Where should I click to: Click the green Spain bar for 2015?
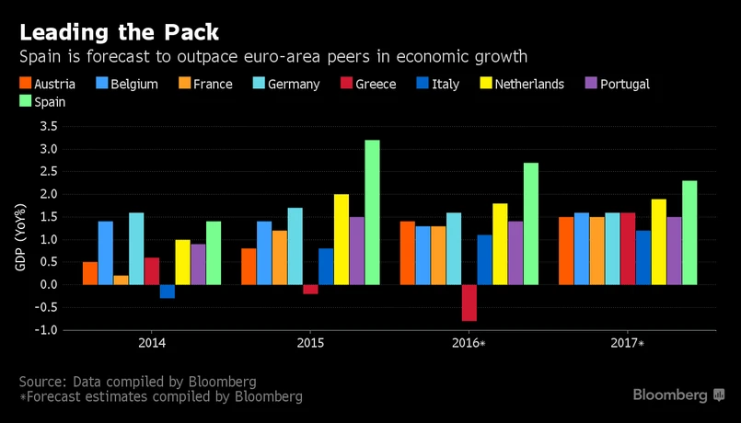pos(372,212)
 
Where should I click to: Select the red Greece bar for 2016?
pos(469,303)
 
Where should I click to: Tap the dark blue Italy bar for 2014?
pos(168,292)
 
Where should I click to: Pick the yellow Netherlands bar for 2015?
pos(341,239)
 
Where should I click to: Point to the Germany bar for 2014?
pos(136,248)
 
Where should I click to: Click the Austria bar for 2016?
pos(407,253)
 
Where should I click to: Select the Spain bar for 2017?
pos(689,233)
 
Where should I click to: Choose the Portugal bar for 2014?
pos(199,264)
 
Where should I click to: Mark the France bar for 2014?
pos(121,280)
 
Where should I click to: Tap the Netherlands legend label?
pos(529,84)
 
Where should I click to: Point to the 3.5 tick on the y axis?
pos(49,126)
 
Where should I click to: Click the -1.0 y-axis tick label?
pos(45,330)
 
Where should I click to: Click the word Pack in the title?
pos(188,32)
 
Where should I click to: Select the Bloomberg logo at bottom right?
pos(678,394)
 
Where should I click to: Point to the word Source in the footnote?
pos(42,381)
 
